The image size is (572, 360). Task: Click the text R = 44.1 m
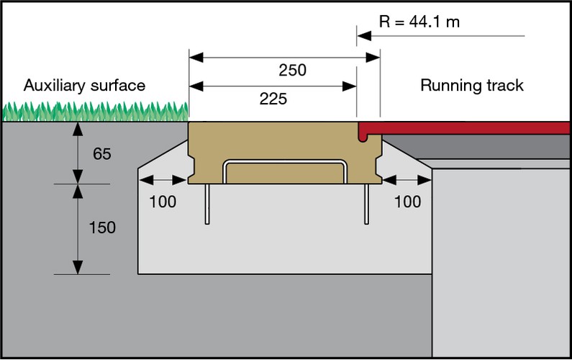[419, 22]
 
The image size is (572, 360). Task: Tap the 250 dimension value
[292, 70]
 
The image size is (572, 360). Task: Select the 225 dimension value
[273, 99]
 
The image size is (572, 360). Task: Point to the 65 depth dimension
[102, 153]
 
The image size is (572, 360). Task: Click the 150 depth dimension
[101, 228]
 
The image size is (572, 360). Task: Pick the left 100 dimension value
[163, 202]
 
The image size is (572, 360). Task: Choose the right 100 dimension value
[408, 202]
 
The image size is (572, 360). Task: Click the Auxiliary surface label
[84, 86]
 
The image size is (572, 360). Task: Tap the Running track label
[472, 86]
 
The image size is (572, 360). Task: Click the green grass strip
[94, 112]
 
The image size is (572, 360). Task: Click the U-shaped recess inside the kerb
[284, 171]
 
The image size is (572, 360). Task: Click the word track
[504, 86]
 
